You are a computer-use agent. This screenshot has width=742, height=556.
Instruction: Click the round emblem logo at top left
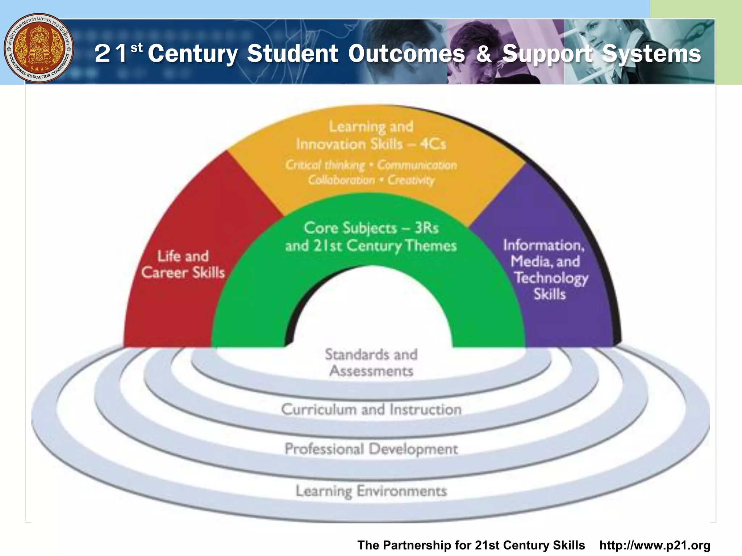(x=39, y=48)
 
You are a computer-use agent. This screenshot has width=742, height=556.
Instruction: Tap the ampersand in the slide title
(x=484, y=54)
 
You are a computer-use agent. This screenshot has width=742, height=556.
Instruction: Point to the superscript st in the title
(x=137, y=47)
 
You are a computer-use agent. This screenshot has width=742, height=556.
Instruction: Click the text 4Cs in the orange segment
(x=433, y=144)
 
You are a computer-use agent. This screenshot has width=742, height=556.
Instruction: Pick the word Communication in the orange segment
(x=417, y=165)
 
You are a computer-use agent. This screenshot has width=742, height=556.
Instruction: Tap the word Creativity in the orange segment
(x=411, y=180)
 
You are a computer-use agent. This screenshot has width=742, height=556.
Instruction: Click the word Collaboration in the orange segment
(x=341, y=180)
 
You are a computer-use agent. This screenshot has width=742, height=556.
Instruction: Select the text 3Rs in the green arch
(x=426, y=228)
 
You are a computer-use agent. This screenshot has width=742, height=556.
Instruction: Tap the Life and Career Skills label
(x=183, y=265)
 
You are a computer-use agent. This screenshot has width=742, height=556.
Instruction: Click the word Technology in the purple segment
(x=551, y=278)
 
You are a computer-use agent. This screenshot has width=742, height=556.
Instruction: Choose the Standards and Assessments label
(x=371, y=363)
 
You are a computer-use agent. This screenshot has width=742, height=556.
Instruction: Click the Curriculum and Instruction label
(x=371, y=410)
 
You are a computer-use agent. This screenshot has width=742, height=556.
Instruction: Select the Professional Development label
(x=371, y=449)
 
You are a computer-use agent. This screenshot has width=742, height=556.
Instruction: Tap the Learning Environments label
(x=371, y=491)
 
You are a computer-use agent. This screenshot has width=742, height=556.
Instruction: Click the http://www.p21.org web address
(x=655, y=545)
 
